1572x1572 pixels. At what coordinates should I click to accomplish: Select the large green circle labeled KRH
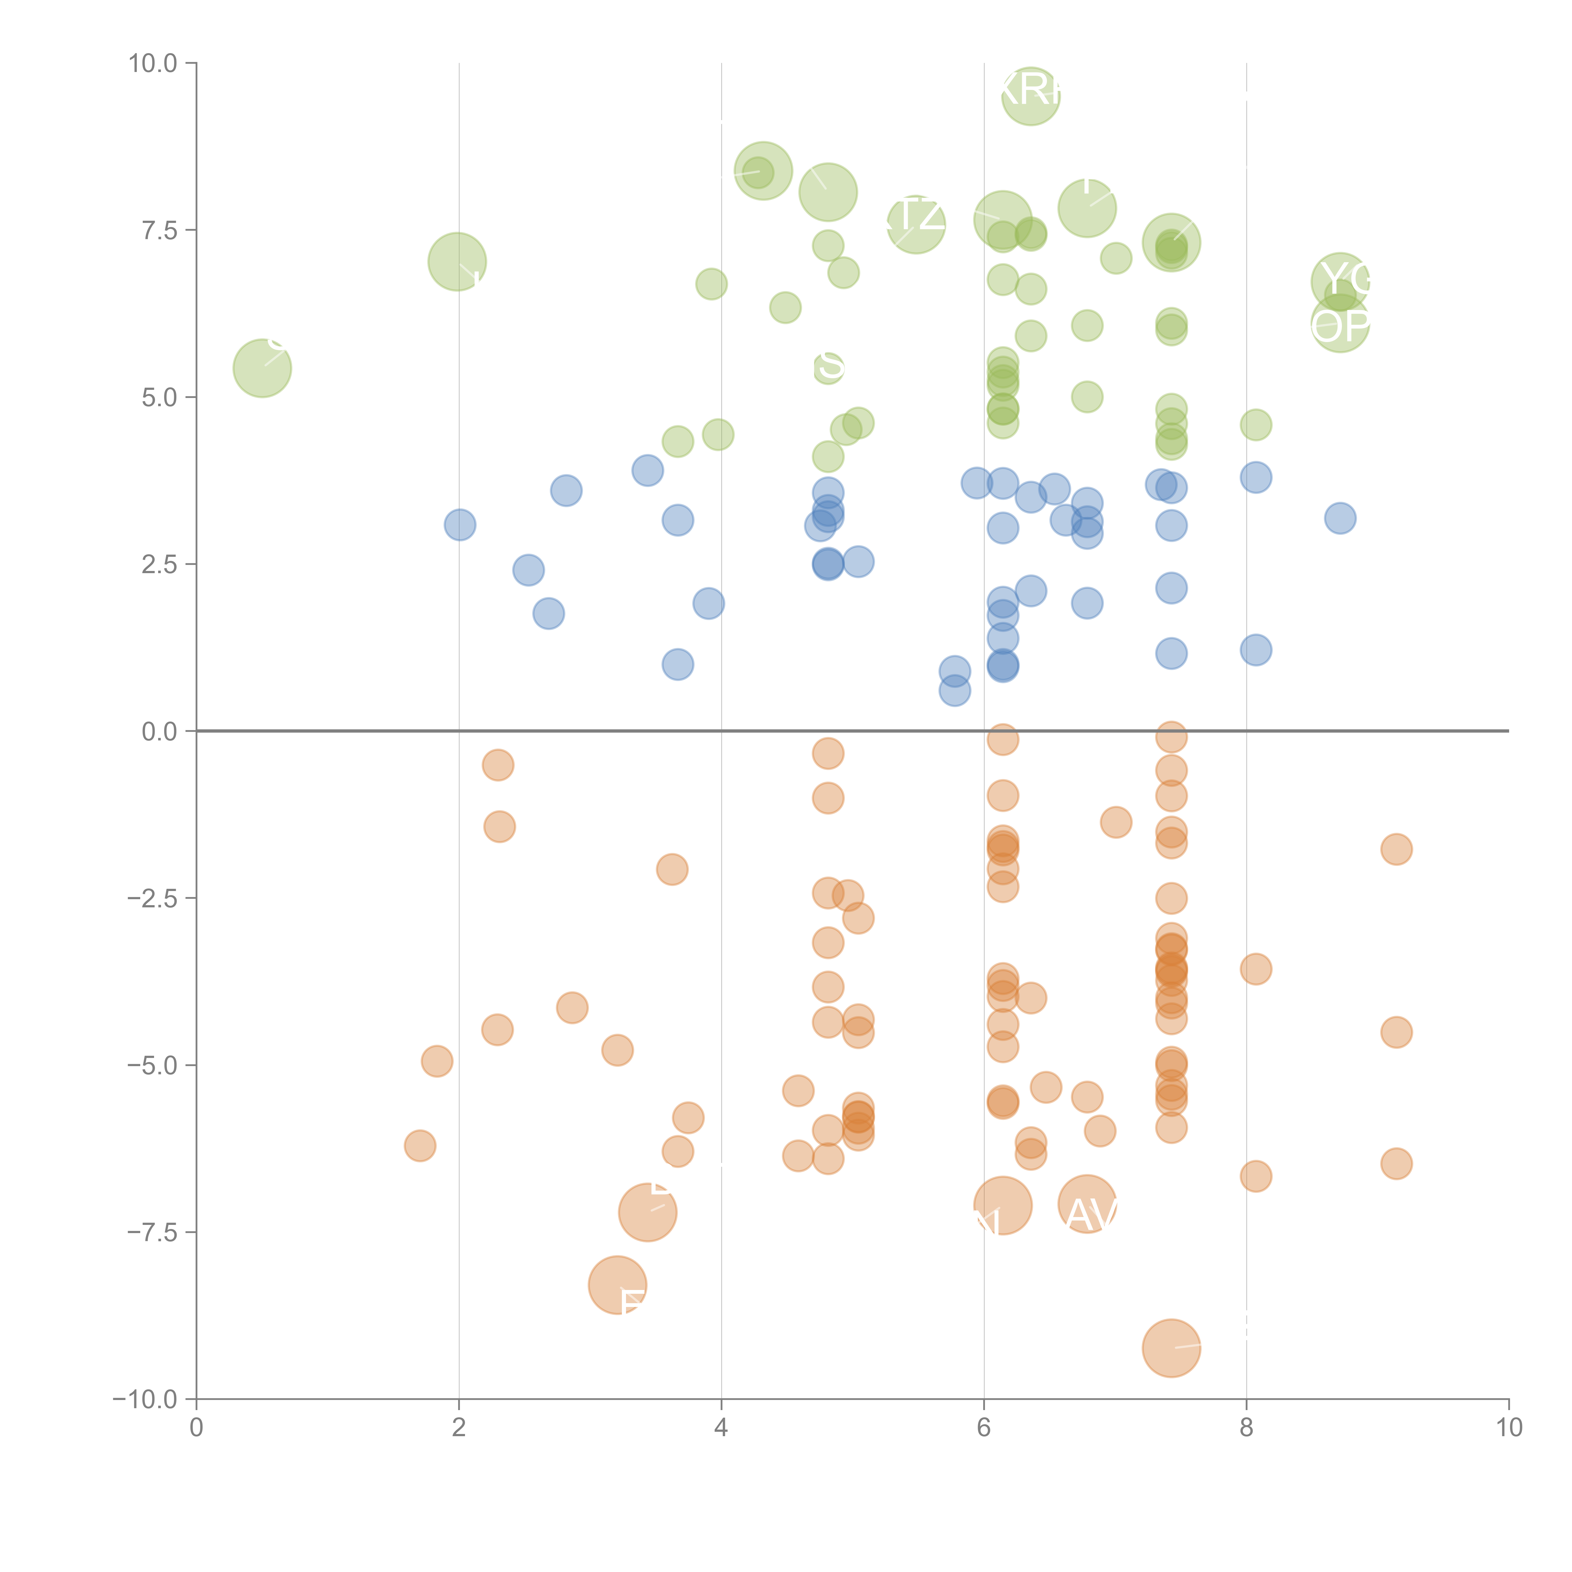coord(1030,96)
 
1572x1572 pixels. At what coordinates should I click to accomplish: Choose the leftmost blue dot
coord(460,525)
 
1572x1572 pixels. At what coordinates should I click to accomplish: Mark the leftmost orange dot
coord(420,1146)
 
